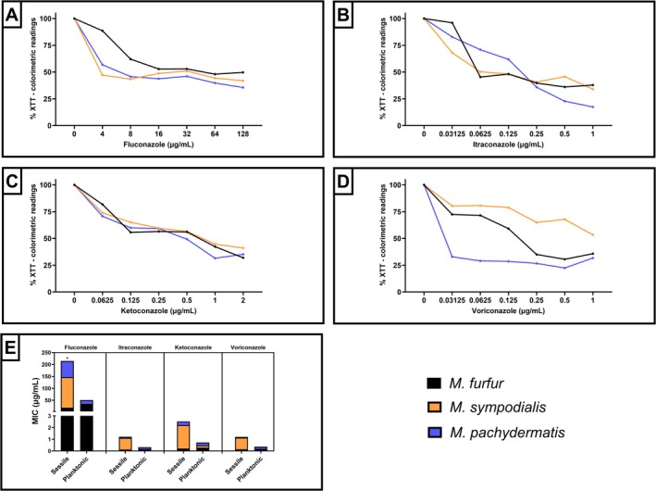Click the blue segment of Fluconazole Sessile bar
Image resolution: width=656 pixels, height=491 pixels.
(68, 369)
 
